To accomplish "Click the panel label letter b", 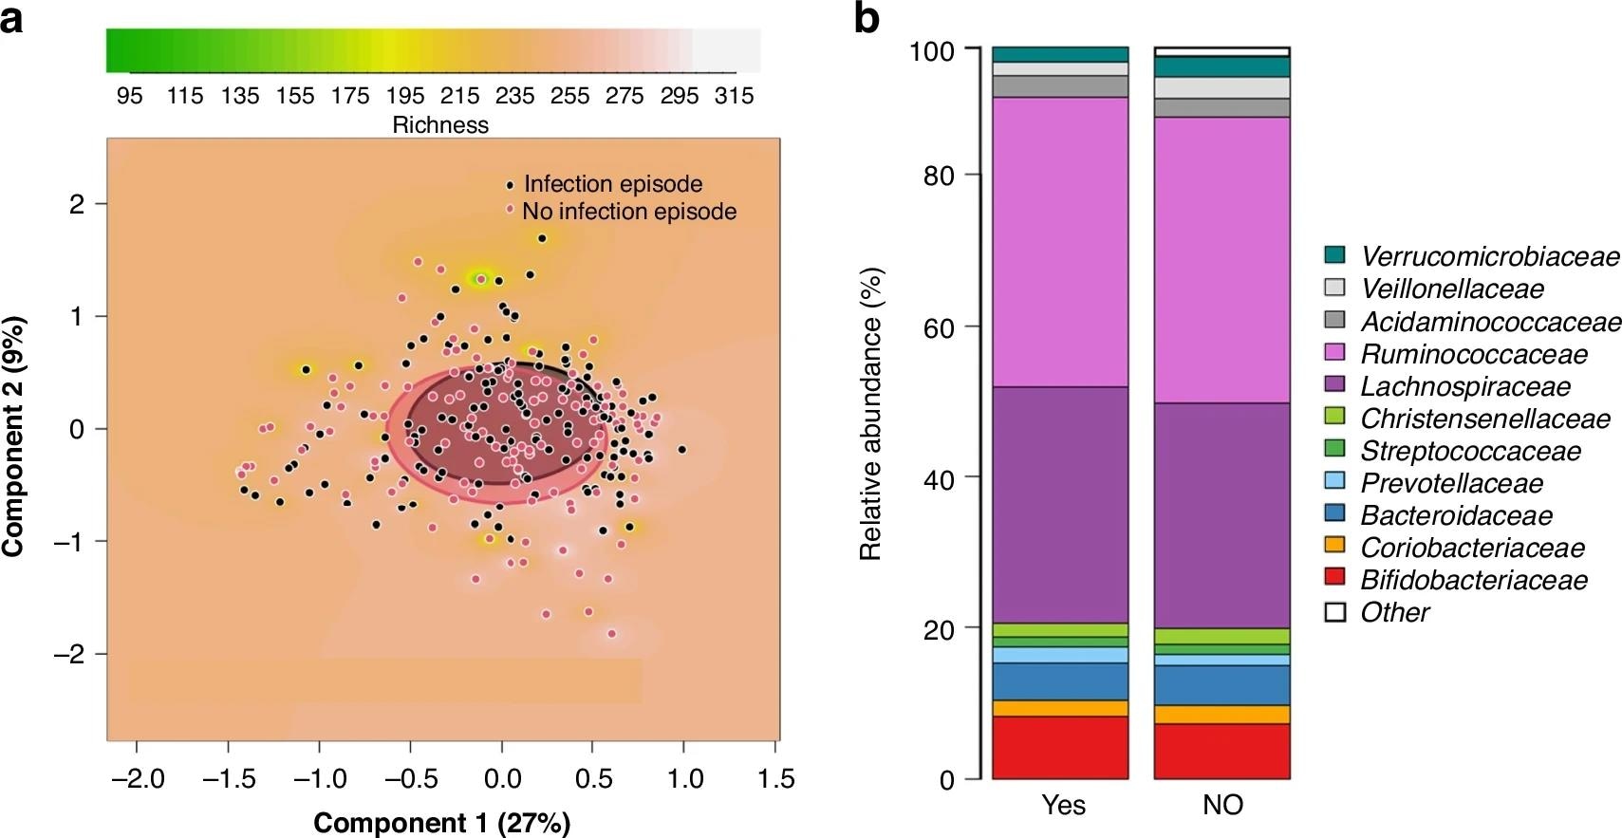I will [867, 18].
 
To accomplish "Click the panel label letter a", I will [11, 18].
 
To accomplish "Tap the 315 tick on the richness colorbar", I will [734, 96].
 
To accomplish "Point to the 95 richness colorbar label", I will [130, 96].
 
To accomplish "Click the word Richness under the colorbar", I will [440, 125].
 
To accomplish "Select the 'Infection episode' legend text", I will [613, 184].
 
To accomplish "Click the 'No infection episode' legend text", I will [628, 211].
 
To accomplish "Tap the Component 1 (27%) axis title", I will [442, 822].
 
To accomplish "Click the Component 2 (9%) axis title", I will [14, 437].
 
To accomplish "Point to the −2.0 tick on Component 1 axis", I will [138, 779].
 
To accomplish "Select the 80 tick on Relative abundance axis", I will [939, 176].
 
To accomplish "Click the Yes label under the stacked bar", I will [1063, 805].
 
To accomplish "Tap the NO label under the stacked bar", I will [1222, 805].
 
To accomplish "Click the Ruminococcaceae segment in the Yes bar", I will [1060, 242].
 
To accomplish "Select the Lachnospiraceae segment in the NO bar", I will [1222, 515].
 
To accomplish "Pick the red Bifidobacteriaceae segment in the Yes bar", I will [1060, 747].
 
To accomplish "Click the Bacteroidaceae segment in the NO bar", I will [1222, 685].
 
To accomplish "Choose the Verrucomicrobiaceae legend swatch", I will [1335, 255].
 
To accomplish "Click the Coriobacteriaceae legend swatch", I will [1335, 547].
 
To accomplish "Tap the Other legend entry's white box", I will [1335, 612].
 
